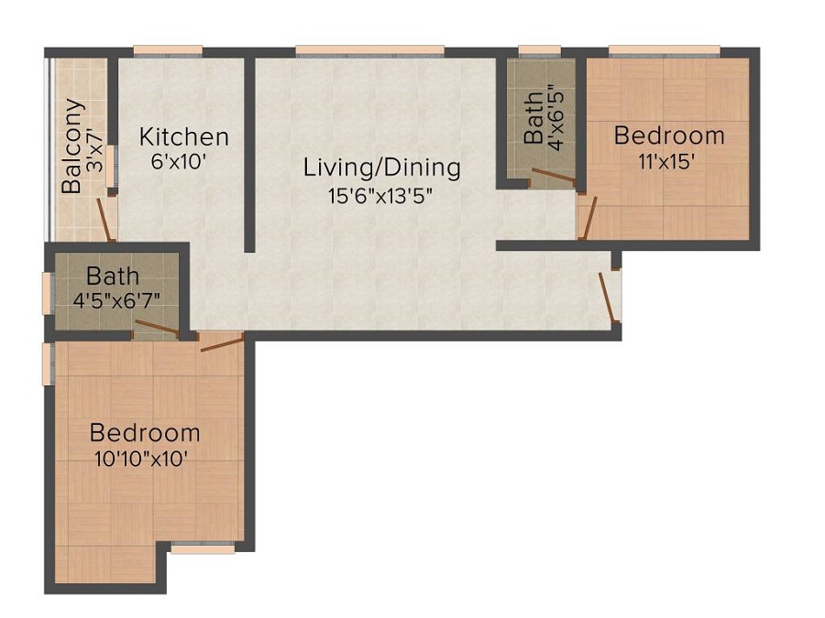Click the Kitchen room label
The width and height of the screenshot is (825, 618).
tap(184, 136)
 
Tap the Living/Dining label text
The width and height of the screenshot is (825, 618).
tap(382, 168)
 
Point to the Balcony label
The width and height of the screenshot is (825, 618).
tap(72, 146)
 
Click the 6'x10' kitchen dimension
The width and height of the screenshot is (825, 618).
tap(177, 161)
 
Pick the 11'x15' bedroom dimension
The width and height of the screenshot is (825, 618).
tap(664, 161)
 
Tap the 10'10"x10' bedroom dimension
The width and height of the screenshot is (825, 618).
tap(141, 460)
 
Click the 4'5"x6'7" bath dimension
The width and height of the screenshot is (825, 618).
tap(116, 301)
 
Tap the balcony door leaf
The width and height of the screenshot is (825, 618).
tap(104, 220)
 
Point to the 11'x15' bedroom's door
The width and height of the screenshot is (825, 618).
tap(588, 218)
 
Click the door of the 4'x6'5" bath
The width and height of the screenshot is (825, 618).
tap(553, 176)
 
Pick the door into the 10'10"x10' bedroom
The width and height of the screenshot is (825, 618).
tap(222, 342)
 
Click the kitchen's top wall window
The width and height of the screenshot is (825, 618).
tap(168, 51)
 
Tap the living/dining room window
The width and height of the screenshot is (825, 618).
tap(370, 51)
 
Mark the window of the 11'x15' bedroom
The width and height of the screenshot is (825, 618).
tap(665, 51)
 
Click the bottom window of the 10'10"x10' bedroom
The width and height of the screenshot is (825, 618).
tap(203, 548)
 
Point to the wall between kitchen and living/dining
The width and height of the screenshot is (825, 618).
tap(250, 155)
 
